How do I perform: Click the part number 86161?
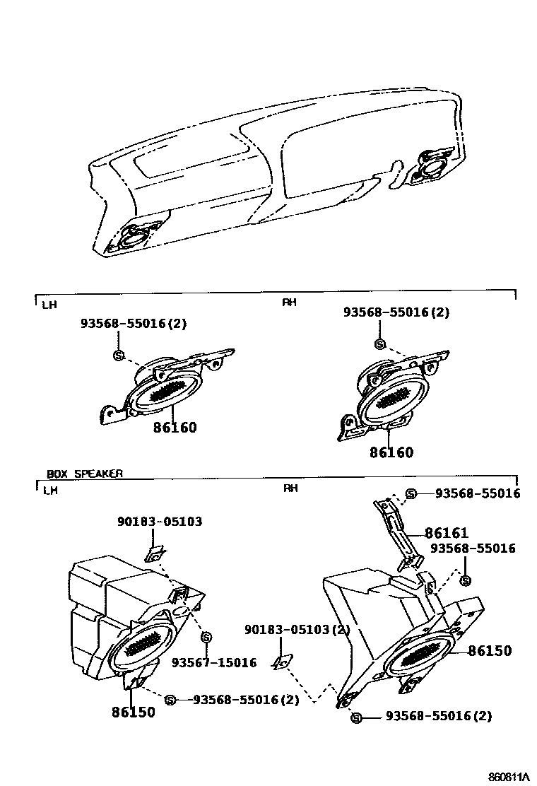447,533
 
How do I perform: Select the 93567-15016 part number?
214,662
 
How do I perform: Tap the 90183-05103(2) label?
297,630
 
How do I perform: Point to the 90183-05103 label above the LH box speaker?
160,522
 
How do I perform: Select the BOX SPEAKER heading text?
85,474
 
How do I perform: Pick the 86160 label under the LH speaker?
175,428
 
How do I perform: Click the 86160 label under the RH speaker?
391,452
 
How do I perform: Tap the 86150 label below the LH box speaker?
133,712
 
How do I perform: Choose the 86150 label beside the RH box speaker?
490,651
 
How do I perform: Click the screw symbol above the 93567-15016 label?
206,638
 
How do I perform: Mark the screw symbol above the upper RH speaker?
380,344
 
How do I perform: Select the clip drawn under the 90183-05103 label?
154,553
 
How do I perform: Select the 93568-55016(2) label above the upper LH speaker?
134,324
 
